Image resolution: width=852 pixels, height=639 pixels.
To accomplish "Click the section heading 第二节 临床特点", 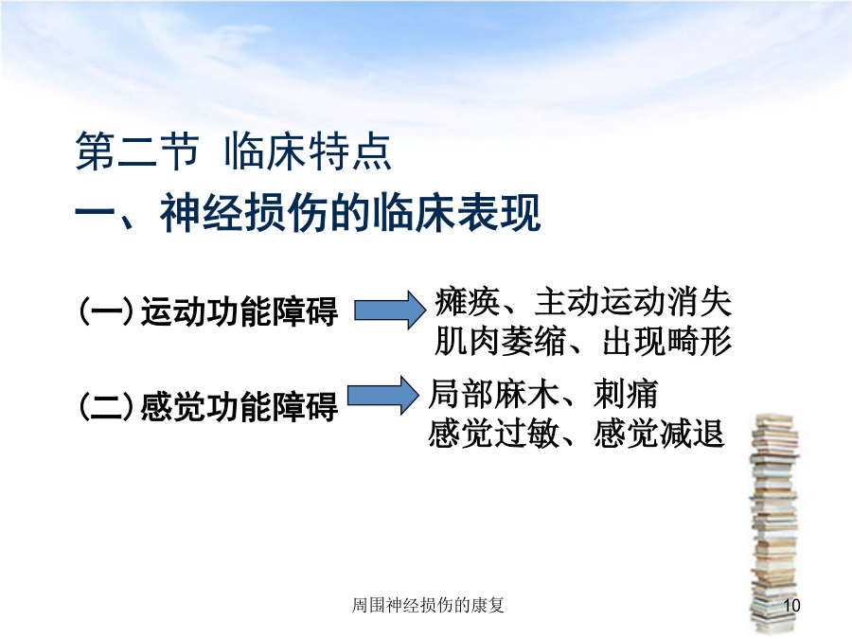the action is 233,151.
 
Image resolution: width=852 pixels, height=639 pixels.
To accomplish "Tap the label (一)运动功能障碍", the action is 208,311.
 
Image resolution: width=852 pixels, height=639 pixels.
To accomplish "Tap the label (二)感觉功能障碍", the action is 208,406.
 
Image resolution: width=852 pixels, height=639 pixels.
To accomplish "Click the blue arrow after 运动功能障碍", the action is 390,311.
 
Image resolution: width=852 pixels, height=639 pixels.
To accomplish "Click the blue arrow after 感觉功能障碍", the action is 383,395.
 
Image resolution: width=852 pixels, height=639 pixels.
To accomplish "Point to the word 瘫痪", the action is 468,302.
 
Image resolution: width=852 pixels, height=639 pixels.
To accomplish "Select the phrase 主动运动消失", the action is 633,302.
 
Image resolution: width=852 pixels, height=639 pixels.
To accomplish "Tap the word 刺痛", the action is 626,394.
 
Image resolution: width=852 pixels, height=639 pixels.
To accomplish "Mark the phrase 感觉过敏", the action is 494,434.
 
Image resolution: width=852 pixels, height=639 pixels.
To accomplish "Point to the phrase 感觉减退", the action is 659,434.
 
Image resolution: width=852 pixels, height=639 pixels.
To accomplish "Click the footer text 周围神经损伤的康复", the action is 428,605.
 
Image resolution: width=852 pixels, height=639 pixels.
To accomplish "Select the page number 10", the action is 791,605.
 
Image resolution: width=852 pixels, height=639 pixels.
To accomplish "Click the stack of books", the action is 774,524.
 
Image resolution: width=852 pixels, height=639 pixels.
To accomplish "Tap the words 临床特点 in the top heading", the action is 308,151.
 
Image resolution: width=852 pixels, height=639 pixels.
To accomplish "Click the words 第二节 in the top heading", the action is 137,151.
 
